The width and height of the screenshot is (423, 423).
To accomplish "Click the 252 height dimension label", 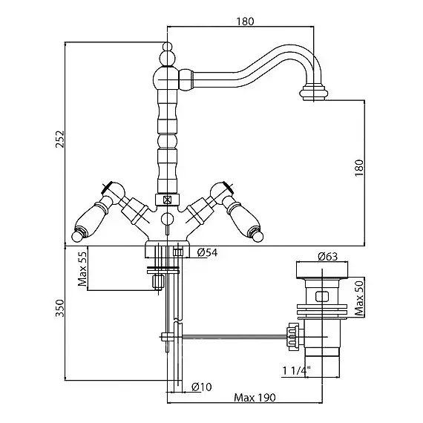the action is tap(60, 140).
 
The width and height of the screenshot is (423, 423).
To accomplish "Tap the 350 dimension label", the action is tap(60, 308).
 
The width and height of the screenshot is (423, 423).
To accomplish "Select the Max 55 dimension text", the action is tap(82, 269).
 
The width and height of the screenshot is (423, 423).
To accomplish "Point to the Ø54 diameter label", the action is tap(207, 252).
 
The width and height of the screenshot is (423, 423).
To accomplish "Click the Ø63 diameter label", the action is tap(327, 256).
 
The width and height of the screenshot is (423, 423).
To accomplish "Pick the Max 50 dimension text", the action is tap(359, 298).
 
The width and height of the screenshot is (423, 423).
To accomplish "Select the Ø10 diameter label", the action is tap(202, 387).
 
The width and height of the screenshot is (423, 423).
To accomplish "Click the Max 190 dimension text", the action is tap(255, 398).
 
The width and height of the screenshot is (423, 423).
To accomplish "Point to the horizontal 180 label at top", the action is tap(245, 22).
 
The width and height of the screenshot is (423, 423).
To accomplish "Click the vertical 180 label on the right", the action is tap(359, 168).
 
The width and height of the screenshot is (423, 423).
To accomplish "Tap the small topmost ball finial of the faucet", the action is tap(167, 46).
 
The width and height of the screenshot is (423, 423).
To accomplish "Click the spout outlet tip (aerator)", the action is tap(314, 93).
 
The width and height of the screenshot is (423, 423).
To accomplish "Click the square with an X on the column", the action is tap(167, 200).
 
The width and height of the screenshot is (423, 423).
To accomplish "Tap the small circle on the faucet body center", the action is tap(167, 218).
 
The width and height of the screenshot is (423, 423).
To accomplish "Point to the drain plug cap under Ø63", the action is tap(322, 270).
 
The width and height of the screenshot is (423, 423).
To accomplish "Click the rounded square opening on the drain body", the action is tap(322, 296).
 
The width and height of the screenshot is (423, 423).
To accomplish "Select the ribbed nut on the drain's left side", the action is tap(293, 337).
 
